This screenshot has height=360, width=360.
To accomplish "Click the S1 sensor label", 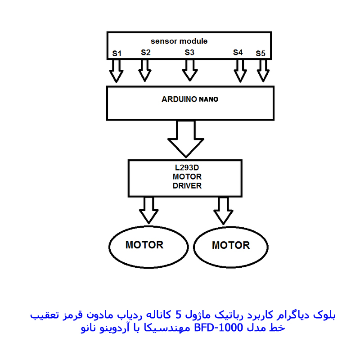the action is (117, 54).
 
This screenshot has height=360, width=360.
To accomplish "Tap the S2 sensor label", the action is (146, 52).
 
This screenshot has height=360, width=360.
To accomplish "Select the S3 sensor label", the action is (189, 52).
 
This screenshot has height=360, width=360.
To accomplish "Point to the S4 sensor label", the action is (238, 52).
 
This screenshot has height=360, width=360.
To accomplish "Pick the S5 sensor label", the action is (261, 54).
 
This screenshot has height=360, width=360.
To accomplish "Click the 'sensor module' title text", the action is (179, 41).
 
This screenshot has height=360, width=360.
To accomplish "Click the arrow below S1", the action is (117, 71).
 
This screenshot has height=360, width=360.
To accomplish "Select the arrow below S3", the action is (190, 70).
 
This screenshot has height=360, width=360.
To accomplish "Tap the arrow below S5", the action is (263, 71).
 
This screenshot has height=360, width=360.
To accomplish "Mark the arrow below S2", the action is (145, 71).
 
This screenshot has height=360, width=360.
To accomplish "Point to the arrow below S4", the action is (240, 71).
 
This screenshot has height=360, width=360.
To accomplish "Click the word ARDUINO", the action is (179, 99).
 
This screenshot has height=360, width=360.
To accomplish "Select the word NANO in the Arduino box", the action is (208, 99).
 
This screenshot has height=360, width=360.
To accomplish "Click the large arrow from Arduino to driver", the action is (186, 139).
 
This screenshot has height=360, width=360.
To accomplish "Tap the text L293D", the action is (187, 167).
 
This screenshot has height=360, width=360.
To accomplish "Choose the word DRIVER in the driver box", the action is (187, 186).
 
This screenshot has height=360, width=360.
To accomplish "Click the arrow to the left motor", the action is (149, 210).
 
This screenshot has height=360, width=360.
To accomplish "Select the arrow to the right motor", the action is (223, 211).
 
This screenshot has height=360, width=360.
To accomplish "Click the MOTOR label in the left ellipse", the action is (144, 245).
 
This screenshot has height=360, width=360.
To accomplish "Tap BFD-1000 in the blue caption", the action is (219, 328).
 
